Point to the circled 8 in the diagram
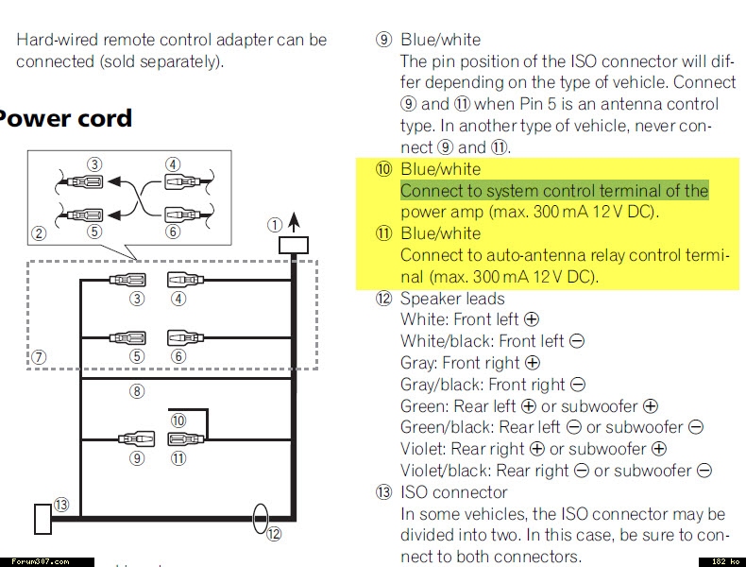coord(138,390)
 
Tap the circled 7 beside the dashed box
coord(39,357)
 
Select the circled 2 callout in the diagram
coord(39,233)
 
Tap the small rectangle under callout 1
coord(293,246)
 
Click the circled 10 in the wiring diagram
coord(178,420)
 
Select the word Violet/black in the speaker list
coord(444,471)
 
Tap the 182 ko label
coord(722,561)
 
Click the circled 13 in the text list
coord(383,492)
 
